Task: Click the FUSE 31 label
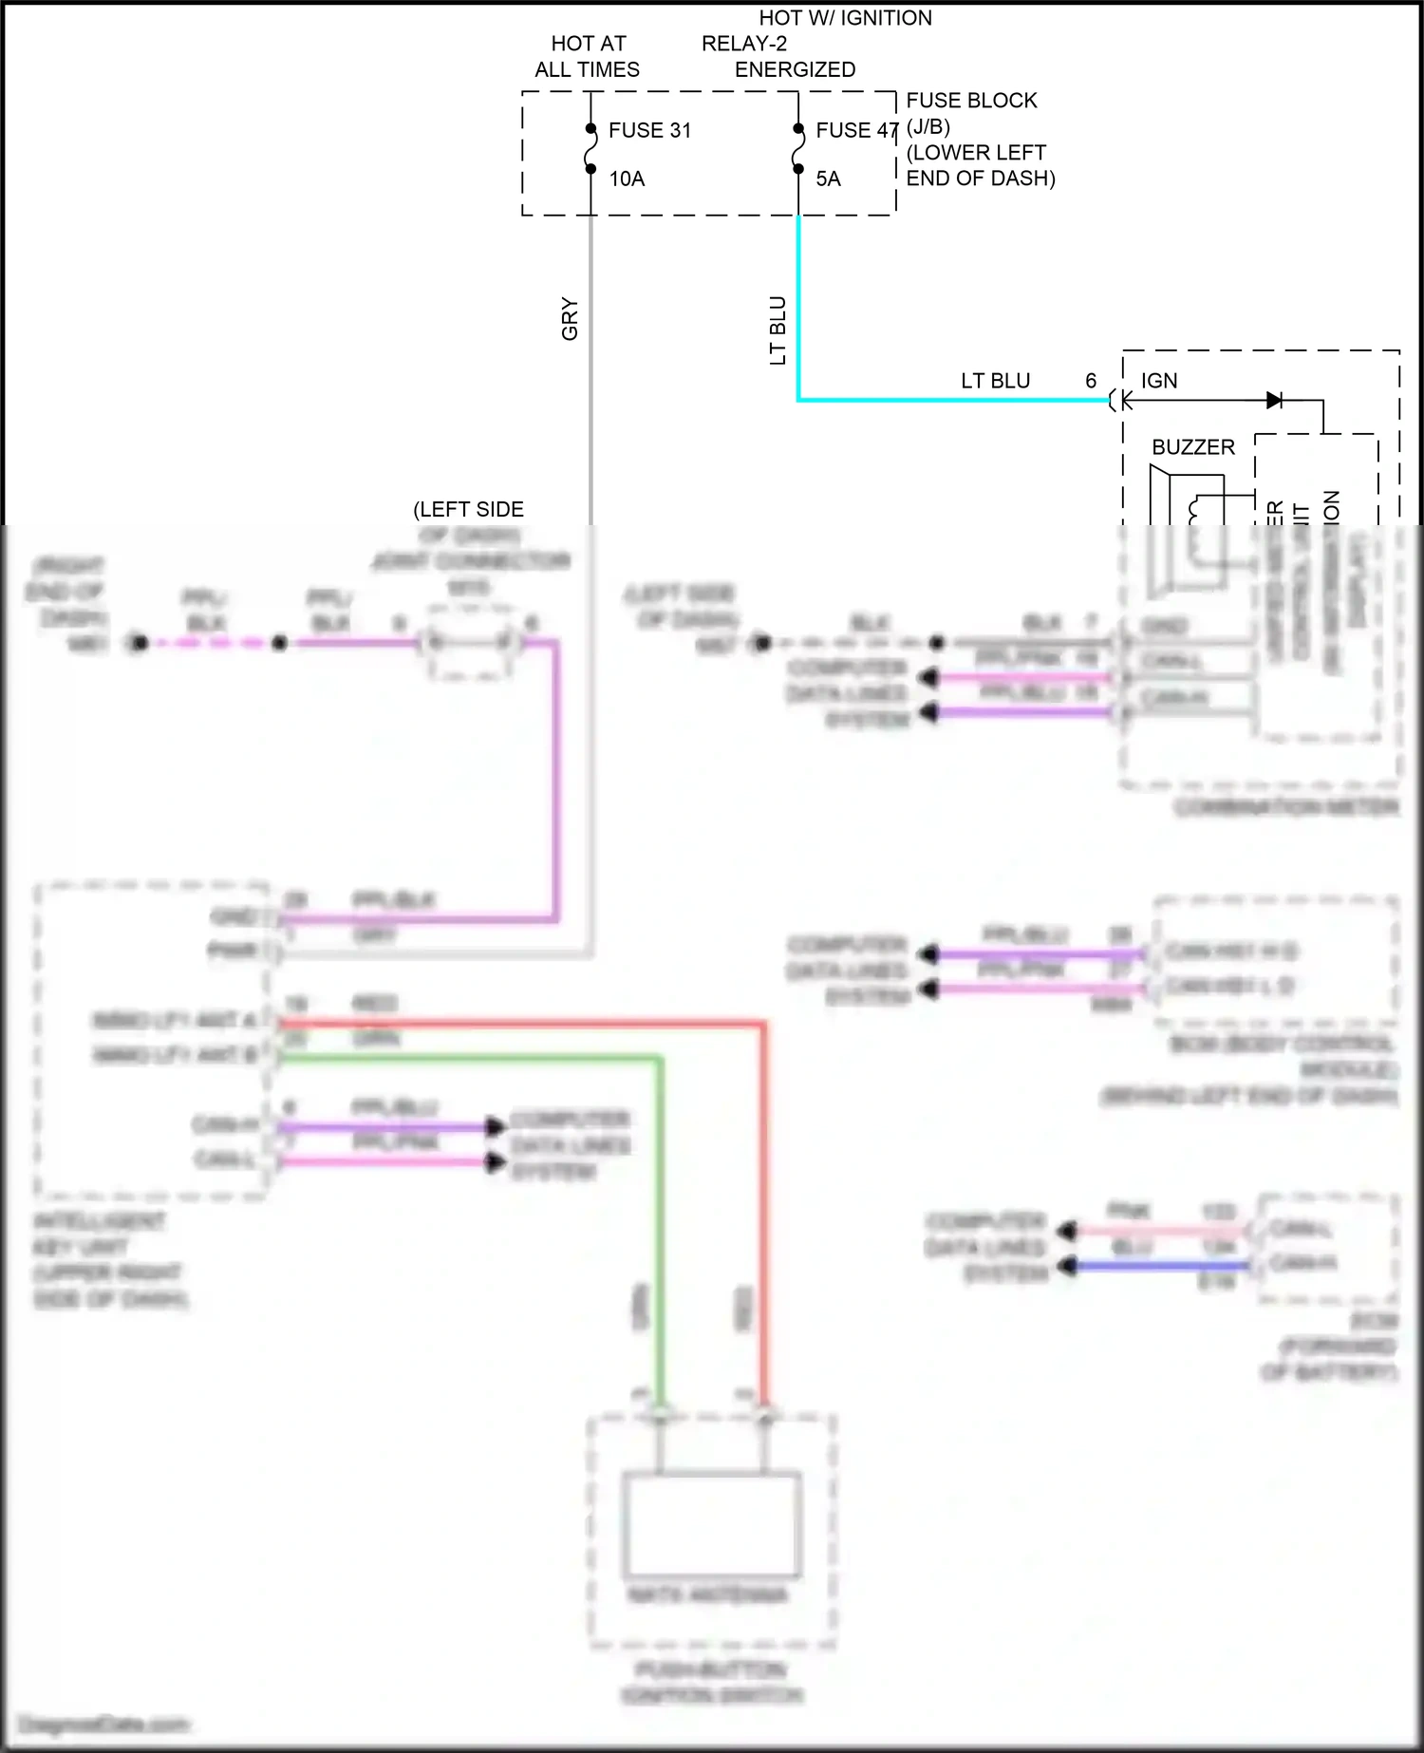649,130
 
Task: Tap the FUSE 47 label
856,130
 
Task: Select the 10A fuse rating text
627,179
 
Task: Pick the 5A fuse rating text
828,179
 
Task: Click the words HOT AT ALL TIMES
588,56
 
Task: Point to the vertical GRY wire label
570,318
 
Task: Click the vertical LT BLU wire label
778,330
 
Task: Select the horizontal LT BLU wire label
995,381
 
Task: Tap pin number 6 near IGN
1091,381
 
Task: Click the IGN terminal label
1159,381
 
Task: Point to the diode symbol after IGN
1274,401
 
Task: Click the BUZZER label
1193,447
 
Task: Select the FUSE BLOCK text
971,101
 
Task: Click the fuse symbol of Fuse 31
590,149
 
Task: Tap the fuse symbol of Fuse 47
798,149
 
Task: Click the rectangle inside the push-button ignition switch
711,1523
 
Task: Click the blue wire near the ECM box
1158,1265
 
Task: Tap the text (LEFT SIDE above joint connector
468,509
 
